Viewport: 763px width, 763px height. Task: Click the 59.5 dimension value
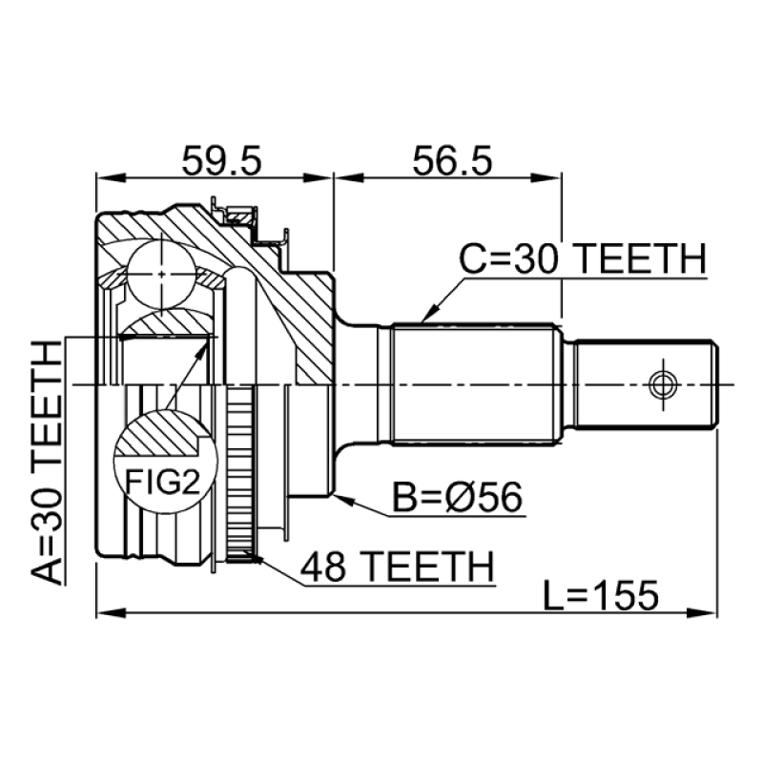[221, 160]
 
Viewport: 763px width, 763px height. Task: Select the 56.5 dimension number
[452, 160]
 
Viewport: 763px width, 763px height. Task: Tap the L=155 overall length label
[601, 594]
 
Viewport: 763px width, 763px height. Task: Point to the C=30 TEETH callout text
[583, 258]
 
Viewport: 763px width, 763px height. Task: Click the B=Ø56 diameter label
[457, 497]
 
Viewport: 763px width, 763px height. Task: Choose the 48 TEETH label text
[398, 567]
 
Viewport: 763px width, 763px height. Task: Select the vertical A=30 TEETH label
[47, 463]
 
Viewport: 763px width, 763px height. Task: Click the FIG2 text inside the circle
[162, 482]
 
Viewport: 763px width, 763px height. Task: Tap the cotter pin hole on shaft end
[662, 385]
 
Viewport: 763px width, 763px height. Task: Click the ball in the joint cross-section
[161, 274]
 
